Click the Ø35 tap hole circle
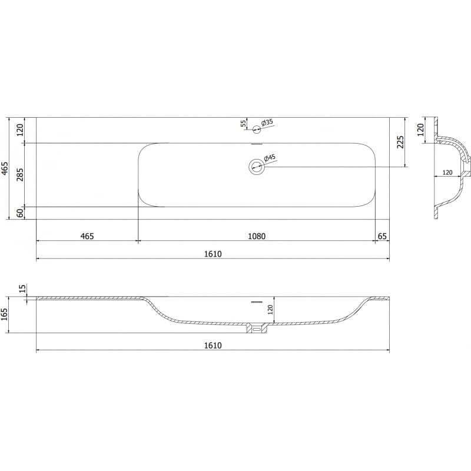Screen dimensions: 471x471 pos(257,129)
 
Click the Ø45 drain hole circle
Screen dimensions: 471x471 pos(257,167)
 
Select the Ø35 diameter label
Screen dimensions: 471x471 pos(267,122)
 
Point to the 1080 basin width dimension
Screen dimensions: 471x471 pos(256,236)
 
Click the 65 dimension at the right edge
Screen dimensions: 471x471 pos(383,236)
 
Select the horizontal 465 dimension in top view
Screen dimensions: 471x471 pos(87,236)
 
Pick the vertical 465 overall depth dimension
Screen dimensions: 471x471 pos(5,168)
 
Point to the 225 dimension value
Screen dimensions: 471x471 pos(401,142)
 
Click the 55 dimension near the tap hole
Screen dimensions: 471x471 pos(243,124)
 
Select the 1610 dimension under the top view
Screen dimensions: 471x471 pos(213,254)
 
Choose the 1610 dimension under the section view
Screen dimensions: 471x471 pos(213,346)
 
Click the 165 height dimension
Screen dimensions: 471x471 pos(5,315)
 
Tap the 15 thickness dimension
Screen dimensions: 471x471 pos(22,288)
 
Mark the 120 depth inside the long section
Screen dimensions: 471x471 pos(271,310)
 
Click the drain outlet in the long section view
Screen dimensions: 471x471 pos(257,328)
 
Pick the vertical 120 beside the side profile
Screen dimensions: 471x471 pos(420,129)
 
